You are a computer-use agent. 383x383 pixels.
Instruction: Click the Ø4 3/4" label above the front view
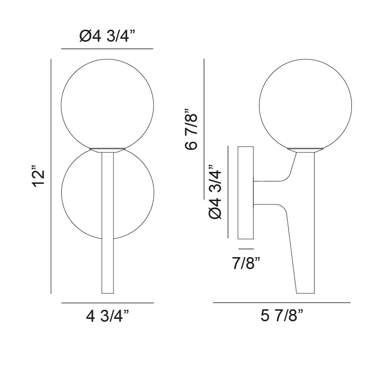click(x=107, y=36)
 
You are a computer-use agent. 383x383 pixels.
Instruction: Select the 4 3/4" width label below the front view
click(x=107, y=316)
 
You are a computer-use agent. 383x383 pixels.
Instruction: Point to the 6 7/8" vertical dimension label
click(x=191, y=129)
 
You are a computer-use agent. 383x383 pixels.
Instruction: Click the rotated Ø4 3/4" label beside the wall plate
click(x=215, y=191)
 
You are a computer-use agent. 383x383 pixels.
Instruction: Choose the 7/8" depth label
click(x=246, y=263)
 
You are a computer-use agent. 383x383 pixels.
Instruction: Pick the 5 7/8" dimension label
click(x=282, y=315)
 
